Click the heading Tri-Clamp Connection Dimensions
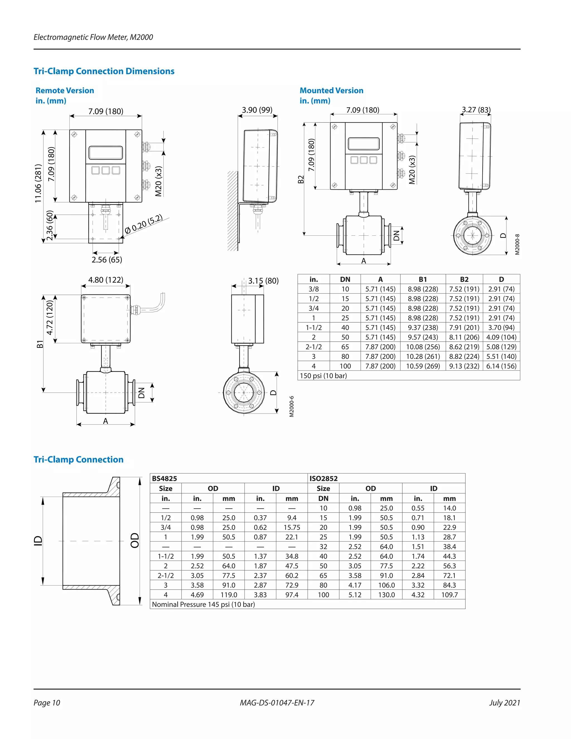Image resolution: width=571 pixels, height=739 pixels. click(x=104, y=71)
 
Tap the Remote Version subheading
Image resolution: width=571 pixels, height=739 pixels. click(x=65, y=90)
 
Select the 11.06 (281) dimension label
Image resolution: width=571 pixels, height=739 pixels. click(x=38, y=183)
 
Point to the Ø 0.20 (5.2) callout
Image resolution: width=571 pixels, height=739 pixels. click(x=143, y=224)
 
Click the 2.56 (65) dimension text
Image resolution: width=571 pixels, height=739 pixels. click(x=107, y=260)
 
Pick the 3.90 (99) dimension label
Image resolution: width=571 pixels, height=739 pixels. click(x=257, y=110)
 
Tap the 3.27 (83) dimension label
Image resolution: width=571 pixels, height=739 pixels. click(x=476, y=110)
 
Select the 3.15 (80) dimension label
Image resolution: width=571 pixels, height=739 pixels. click(x=263, y=281)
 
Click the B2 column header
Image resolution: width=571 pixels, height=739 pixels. click(x=464, y=279)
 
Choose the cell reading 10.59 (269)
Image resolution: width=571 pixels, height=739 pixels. click(x=423, y=366)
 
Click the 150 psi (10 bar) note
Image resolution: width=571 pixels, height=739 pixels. click(x=323, y=376)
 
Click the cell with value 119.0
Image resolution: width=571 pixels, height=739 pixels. click(x=229, y=595)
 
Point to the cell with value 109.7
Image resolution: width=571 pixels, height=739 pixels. click(x=449, y=595)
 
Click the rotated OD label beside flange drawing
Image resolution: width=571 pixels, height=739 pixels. click(x=135, y=540)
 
